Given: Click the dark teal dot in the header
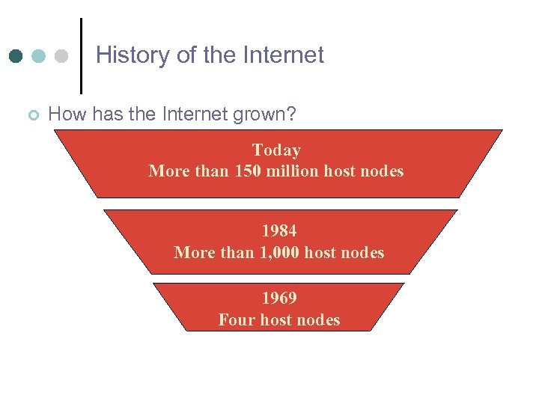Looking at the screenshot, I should [16, 56].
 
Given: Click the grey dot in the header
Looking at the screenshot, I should [61, 56].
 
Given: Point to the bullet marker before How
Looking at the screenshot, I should [32, 115].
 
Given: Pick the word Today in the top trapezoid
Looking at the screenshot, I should [276, 150].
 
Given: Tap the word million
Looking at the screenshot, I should [293, 171].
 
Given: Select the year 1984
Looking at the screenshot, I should [278, 231].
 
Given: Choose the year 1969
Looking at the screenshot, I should [278, 298].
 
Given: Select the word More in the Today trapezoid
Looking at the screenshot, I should [169, 171].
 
